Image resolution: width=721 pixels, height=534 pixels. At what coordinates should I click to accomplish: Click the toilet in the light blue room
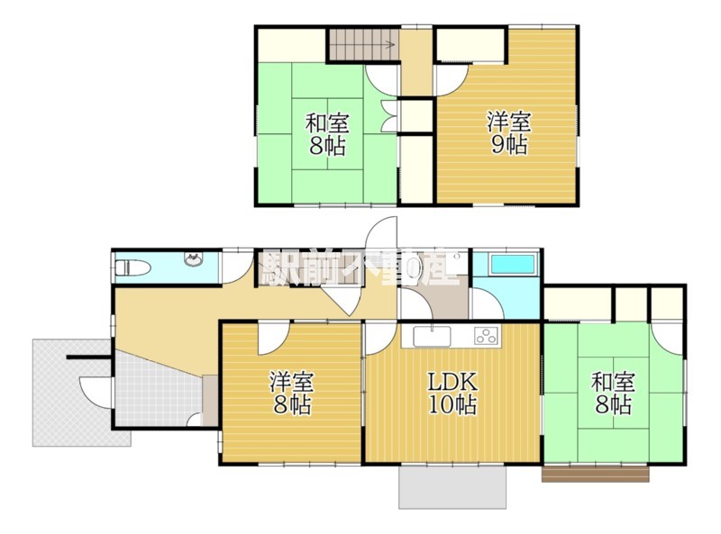pos(132,267)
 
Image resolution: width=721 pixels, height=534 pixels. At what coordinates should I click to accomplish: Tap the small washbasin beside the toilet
pos(195,259)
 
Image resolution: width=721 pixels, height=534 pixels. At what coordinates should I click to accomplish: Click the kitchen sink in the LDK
pos(432,337)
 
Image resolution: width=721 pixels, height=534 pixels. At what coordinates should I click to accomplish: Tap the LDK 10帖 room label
pos(453,393)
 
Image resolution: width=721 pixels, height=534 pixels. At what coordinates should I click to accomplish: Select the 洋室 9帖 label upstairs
pos(509,134)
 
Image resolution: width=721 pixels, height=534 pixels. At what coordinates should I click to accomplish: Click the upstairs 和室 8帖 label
pos(327,134)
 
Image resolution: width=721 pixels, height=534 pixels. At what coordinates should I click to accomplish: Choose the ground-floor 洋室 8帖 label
pos(291,393)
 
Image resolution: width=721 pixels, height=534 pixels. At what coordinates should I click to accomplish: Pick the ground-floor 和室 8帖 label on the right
pos(613,393)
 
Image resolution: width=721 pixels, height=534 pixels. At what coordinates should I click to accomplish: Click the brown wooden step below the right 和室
pos(596,475)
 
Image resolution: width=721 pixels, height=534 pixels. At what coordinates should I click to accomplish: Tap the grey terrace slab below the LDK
pos(452,487)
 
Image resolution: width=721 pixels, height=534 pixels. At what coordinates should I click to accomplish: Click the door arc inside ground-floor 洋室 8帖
pos(274,339)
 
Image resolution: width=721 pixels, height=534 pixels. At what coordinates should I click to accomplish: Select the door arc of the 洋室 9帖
pos(452,81)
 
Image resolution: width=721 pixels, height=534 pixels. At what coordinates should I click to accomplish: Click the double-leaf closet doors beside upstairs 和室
pos(390,117)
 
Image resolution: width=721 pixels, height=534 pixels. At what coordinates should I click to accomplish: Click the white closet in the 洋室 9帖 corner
pos(470,45)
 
